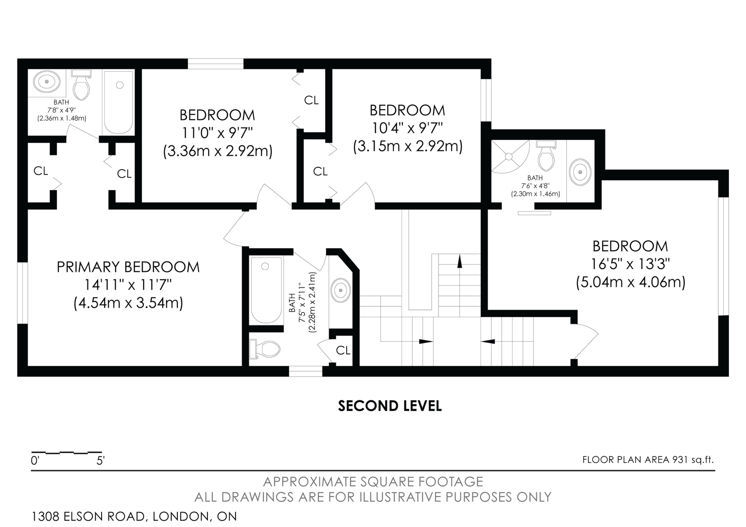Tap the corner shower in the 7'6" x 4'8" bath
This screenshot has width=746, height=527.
[x=509, y=156]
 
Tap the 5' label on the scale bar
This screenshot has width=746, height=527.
[x=100, y=461]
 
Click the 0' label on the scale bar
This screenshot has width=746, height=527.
[x=35, y=461]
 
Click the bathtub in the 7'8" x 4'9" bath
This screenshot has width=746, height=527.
[x=119, y=102]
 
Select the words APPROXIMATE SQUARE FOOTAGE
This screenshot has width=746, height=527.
[x=373, y=482]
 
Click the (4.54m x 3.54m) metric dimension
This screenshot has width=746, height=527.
[x=128, y=303]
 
